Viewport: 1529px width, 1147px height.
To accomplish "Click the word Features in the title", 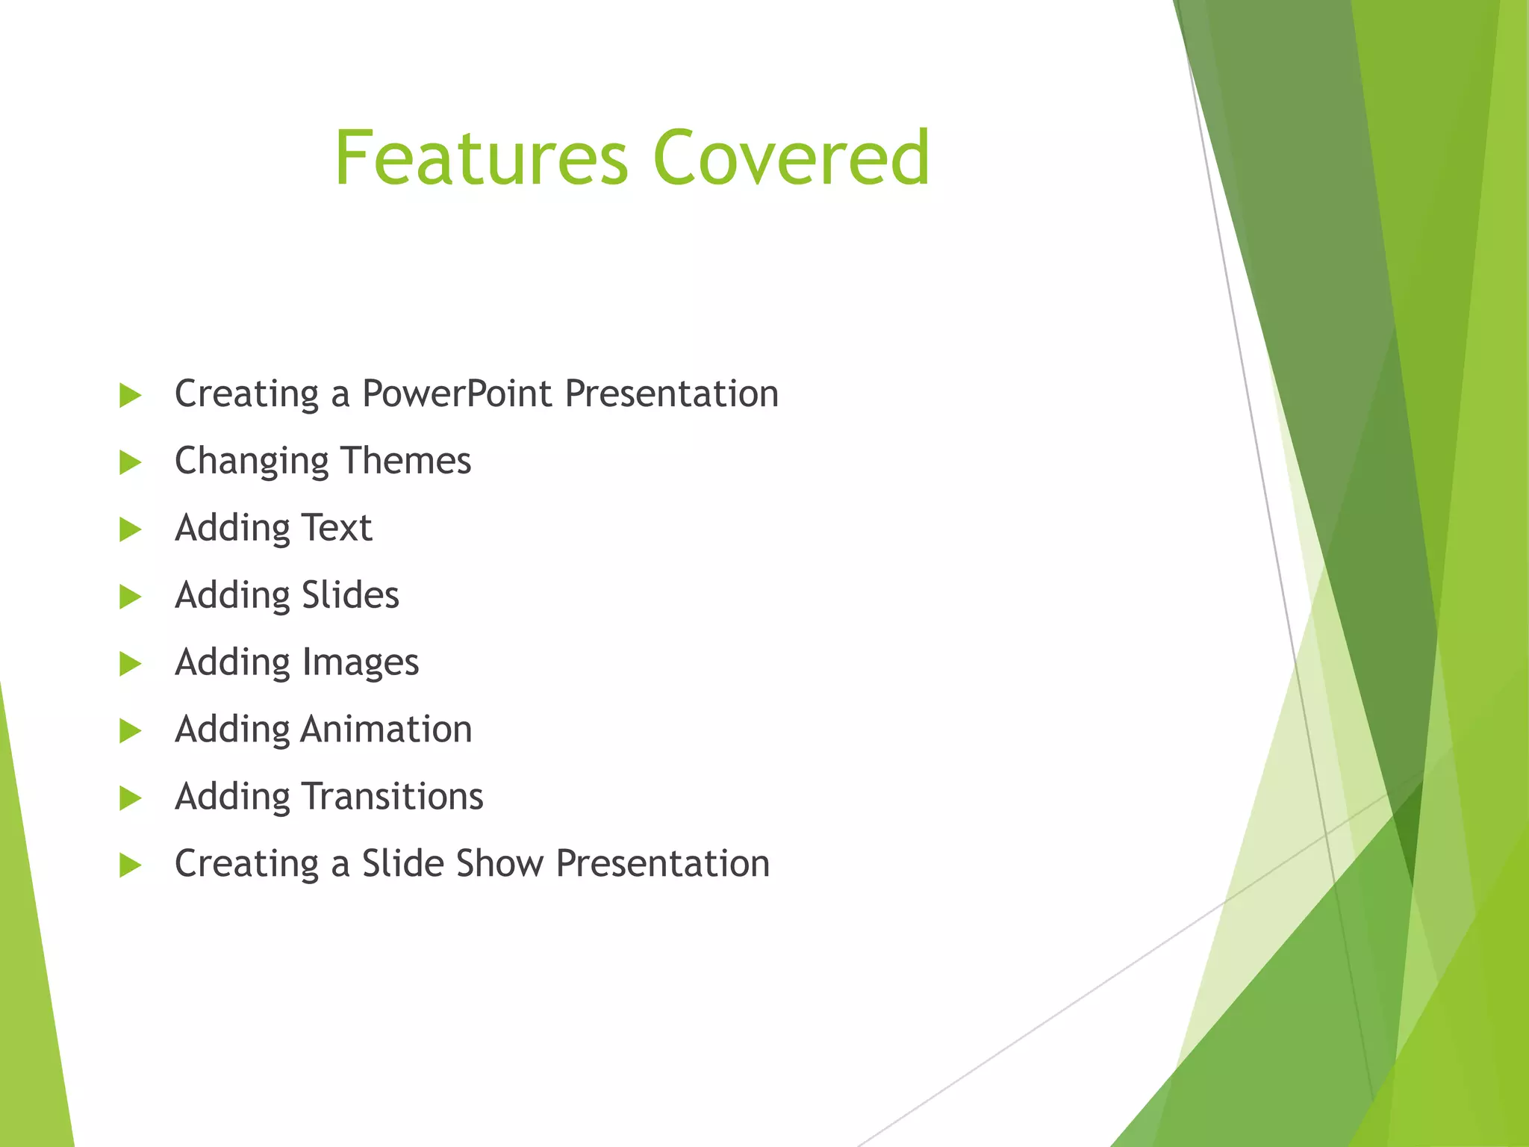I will point(482,158).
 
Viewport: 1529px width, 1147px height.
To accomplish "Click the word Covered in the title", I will point(791,158).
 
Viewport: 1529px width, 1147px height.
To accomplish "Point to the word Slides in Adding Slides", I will point(350,595).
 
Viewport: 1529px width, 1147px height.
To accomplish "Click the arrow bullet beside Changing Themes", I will point(130,463).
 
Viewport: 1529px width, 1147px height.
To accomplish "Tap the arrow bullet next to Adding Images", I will point(130,664).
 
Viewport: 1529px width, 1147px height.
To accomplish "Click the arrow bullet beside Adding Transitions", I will point(130,798).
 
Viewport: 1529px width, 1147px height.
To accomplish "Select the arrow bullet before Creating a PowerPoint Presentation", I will point(130,396).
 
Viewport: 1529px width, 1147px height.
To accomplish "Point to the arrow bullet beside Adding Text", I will point(130,530).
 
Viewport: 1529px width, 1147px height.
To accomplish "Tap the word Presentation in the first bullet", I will point(671,394).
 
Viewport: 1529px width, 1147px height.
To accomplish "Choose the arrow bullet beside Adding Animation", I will point(130,731).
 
